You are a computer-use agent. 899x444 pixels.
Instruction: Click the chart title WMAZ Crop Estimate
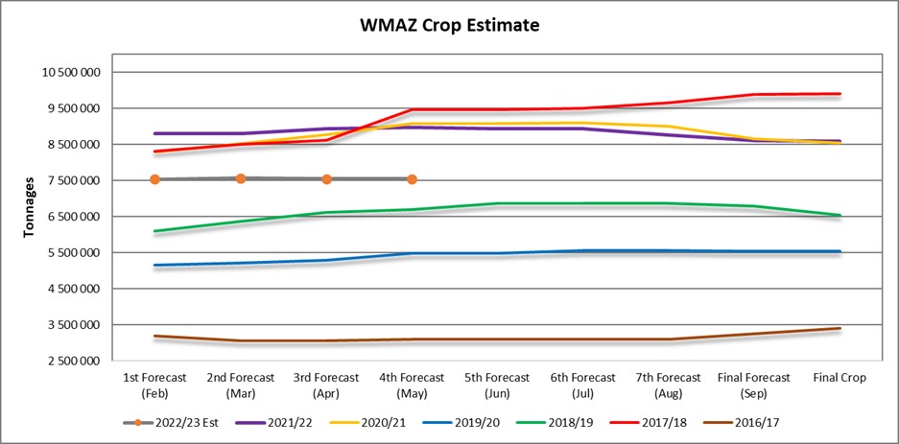pos(449,26)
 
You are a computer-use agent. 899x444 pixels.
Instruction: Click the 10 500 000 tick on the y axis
pos(70,73)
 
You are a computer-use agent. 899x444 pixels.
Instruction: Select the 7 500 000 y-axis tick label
pos(70,181)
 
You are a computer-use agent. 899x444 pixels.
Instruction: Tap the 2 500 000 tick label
pos(70,362)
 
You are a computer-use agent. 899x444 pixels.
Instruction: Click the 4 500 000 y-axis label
pos(70,289)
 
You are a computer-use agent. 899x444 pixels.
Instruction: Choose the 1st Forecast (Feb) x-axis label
pos(154,385)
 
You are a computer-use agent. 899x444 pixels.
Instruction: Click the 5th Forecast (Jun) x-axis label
pos(496,385)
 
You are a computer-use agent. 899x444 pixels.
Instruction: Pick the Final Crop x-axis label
pos(840,378)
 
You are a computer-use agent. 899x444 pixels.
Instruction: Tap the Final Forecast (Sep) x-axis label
pos(753,385)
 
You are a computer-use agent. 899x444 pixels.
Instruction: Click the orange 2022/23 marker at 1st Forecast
pos(154,179)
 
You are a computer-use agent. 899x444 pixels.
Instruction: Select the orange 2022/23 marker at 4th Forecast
pos(412,179)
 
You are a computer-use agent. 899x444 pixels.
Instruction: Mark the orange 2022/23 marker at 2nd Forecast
pos(241,178)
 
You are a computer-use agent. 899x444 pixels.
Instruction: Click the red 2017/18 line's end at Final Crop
pos(840,94)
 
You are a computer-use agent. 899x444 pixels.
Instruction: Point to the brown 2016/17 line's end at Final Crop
pos(840,329)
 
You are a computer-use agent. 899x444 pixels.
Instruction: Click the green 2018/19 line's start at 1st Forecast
pos(154,231)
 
